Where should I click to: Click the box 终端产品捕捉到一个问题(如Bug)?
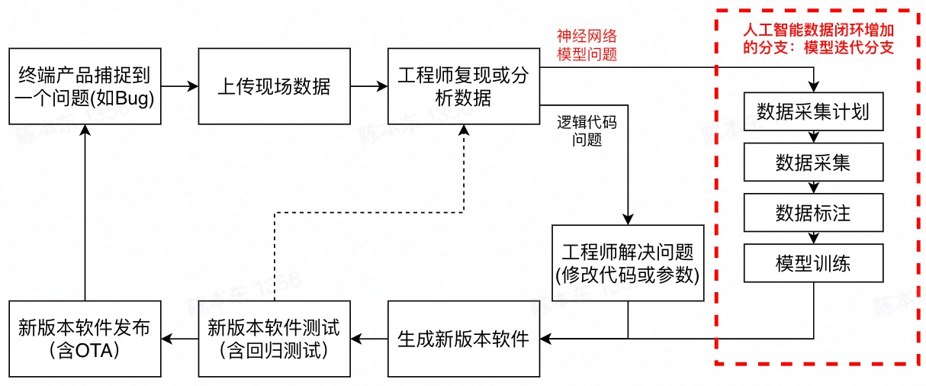click(84, 86)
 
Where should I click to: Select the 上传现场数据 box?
click(274, 86)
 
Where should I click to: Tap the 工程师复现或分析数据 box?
click(463, 86)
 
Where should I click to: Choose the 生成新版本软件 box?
click(463, 339)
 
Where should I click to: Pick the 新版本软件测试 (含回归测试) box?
click(274, 339)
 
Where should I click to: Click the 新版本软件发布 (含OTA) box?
click(84, 339)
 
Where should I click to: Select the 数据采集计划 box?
click(813, 112)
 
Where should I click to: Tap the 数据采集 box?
click(813, 162)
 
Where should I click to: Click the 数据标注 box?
click(813, 213)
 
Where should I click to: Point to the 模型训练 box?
click(813, 263)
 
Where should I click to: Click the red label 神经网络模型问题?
click(587, 46)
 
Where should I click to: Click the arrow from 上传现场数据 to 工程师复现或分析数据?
click(368, 86)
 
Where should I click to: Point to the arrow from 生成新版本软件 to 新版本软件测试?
click(368, 338)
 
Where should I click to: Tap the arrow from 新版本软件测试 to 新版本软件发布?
click(179, 338)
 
